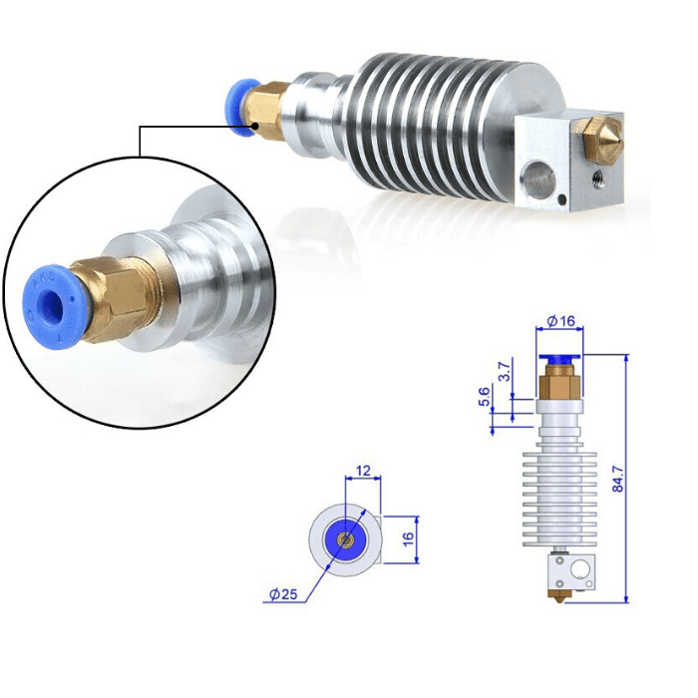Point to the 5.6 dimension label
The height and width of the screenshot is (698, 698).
pos(486,398)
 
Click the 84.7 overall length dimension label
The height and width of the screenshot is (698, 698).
pos(618,479)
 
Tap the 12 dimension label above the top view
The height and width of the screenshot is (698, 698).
pos(361,470)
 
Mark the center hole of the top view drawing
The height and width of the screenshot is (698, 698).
pos(344,538)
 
